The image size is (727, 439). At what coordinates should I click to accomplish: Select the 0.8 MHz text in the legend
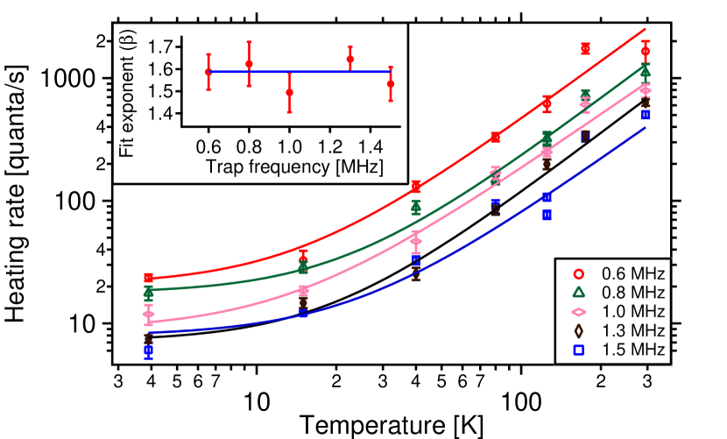(x=632, y=292)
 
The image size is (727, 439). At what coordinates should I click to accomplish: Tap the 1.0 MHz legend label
(x=632, y=311)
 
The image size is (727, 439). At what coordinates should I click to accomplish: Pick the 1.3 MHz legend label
(x=632, y=330)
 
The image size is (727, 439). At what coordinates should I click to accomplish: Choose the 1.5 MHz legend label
(x=632, y=350)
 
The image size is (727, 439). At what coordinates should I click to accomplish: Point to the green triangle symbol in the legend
(x=578, y=292)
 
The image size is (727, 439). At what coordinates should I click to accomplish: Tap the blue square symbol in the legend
(x=578, y=350)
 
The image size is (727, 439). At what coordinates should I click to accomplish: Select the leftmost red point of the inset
(x=208, y=72)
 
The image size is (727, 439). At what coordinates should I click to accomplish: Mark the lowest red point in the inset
(x=289, y=92)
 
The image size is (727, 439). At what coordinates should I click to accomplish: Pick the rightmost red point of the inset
(x=391, y=84)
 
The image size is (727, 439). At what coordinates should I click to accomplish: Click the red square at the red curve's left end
(x=149, y=278)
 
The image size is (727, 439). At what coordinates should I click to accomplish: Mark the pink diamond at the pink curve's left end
(x=148, y=314)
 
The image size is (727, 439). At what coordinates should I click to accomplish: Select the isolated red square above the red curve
(x=585, y=48)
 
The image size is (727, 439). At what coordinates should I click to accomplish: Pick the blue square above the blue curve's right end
(x=646, y=115)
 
